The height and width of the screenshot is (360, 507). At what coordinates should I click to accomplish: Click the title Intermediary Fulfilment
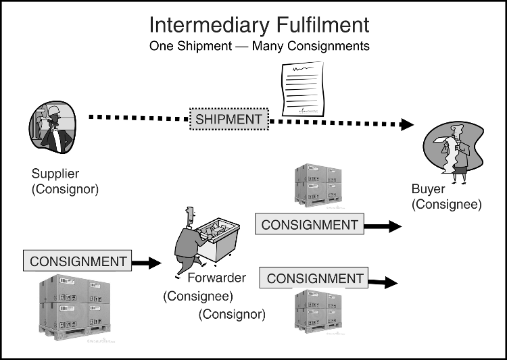point(259,25)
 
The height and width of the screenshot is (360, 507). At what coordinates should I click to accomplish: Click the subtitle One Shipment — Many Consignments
point(259,47)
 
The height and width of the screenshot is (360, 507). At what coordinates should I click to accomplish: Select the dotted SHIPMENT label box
point(228,120)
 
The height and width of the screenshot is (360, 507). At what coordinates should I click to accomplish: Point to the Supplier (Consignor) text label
point(65,182)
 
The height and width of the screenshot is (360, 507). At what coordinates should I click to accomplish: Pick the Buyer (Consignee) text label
point(446,197)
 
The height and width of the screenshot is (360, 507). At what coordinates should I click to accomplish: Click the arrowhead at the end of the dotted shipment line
point(406,124)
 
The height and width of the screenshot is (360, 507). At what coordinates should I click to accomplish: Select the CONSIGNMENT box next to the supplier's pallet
point(78,261)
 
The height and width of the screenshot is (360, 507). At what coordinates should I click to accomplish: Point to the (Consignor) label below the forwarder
point(232,313)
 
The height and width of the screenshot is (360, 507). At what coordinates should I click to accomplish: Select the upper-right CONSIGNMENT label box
point(309,225)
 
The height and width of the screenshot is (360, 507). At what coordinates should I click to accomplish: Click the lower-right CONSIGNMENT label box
point(315,278)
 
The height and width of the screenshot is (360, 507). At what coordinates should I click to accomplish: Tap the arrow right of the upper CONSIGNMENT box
point(383,226)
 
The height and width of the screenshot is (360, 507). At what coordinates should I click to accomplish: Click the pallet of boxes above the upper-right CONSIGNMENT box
point(317,184)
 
